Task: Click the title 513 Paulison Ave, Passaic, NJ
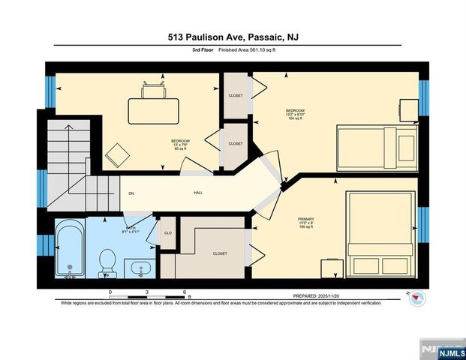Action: tap(233, 37)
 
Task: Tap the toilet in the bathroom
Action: tap(107, 262)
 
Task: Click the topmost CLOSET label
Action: tap(236, 96)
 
